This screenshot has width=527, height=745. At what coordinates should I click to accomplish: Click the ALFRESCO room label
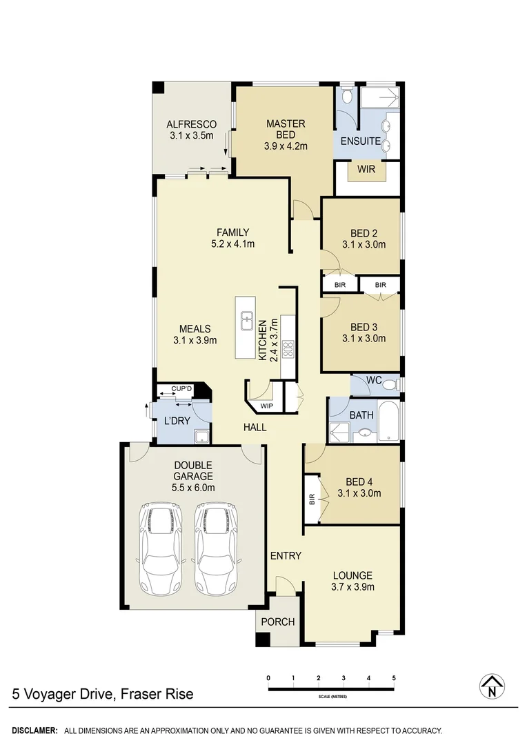pyautogui.click(x=191, y=125)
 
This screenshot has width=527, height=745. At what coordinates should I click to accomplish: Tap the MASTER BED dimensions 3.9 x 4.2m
pyautogui.click(x=285, y=146)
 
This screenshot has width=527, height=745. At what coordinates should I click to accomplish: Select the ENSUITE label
pyautogui.click(x=359, y=141)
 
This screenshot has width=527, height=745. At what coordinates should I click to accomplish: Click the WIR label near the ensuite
pyautogui.click(x=366, y=168)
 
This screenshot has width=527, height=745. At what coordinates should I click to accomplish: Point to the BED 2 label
pyautogui.click(x=363, y=232)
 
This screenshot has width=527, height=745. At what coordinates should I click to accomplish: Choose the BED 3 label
pyautogui.click(x=363, y=327)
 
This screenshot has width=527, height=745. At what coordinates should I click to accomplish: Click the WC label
pyautogui.click(x=374, y=380)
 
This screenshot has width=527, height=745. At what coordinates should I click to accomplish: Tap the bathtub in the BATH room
pyautogui.click(x=389, y=421)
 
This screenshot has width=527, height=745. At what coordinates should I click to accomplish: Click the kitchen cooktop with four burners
pyautogui.click(x=288, y=349)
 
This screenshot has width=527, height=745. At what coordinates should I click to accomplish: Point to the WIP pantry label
pyautogui.click(x=266, y=406)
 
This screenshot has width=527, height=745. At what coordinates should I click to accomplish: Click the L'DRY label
pyautogui.click(x=176, y=421)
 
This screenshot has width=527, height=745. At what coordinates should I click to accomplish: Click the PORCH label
pyautogui.click(x=278, y=622)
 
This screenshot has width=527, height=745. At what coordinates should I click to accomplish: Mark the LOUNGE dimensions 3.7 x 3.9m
pyautogui.click(x=352, y=587)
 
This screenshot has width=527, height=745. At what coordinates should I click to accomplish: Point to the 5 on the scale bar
pyautogui.click(x=394, y=677)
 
